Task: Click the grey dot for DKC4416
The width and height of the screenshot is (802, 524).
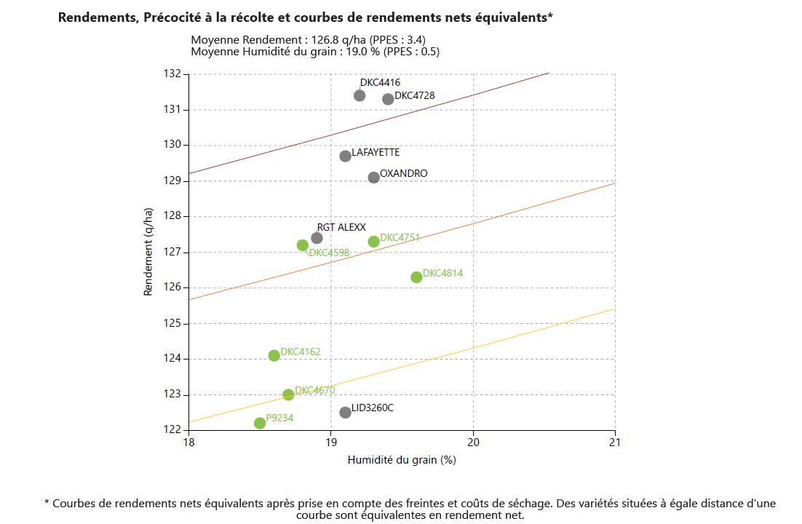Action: click(x=360, y=95)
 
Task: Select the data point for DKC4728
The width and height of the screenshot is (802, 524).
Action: click(x=388, y=99)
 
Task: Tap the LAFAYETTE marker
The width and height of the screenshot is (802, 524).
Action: click(x=346, y=156)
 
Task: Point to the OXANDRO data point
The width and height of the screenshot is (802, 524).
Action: click(x=374, y=178)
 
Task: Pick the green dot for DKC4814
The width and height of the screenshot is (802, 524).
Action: click(x=416, y=277)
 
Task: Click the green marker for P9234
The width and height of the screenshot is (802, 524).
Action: click(x=260, y=423)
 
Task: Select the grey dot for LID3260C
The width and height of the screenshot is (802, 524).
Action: click(x=346, y=413)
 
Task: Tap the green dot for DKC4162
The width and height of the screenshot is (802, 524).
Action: click(x=274, y=355)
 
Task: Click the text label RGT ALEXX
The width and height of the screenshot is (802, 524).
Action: click(x=341, y=227)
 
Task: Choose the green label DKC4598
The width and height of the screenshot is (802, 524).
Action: click(x=329, y=253)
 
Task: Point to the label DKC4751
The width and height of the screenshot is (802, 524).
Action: click(x=400, y=237)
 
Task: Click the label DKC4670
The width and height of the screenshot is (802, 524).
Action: click(x=314, y=390)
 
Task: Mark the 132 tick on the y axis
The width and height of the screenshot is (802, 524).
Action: click(x=172, y=74)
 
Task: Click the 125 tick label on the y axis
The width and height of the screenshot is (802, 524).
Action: click(x=172, y=323)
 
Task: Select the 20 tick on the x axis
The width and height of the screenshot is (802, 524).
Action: click(x=473, y=442)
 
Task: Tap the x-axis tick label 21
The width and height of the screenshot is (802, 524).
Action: click(x=615, y=442)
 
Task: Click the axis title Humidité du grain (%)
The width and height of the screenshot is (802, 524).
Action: click(x=402, y=459)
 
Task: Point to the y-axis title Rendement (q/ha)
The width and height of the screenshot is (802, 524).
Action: click(x=148, y=252)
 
